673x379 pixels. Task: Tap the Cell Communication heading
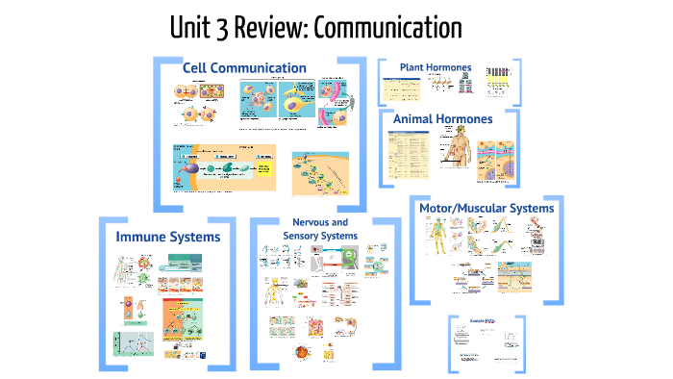tap(244, 68)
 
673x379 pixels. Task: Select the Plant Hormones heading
tap(436, 67)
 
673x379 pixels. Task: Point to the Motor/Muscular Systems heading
tap(487, 208)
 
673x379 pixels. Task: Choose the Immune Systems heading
tap(168, 237)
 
